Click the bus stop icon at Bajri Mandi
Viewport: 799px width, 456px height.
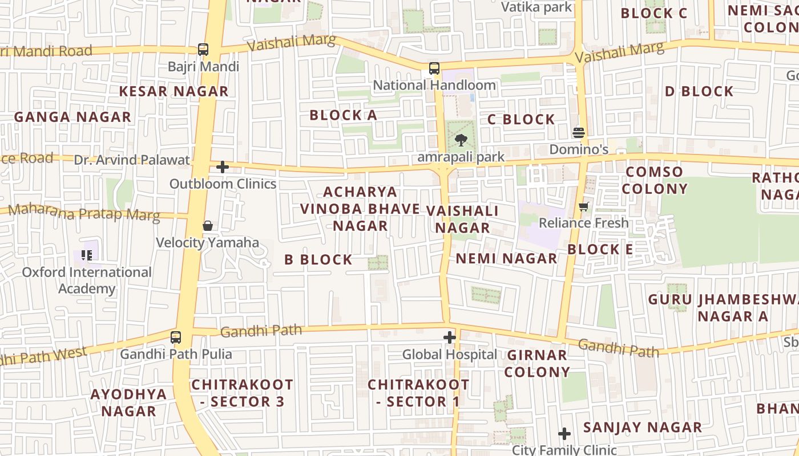coord(203,50)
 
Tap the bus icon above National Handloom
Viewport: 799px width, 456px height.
coord(434,68)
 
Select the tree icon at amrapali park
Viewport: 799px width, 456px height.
coord(460,140)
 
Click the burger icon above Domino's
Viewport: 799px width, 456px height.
coord(579,133)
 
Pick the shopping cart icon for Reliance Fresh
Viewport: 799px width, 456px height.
coord(583,206)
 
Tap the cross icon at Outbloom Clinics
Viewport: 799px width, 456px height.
coord(223,167)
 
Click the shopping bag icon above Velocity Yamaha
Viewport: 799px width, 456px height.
coord(208,226)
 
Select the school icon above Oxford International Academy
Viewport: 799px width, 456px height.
coord(87,255)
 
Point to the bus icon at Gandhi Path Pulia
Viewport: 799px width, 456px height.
coord(176,337)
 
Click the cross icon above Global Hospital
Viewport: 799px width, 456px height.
coord(450,337)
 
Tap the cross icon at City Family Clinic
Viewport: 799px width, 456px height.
coord(564,434)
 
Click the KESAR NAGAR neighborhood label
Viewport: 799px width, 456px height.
coord(173,91)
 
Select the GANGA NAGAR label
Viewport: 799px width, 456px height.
coord(72,117)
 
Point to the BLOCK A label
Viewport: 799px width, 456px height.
coord(343,115)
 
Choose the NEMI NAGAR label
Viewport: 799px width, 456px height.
coord(506,259)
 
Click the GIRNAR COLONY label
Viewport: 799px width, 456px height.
coord(537,364)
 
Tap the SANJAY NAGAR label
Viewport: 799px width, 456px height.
coord(643,427)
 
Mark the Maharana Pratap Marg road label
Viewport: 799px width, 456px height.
coord(84,211)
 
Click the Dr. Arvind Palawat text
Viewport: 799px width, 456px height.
coord(132,160)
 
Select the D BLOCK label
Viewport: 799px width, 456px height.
coord(699,91)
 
